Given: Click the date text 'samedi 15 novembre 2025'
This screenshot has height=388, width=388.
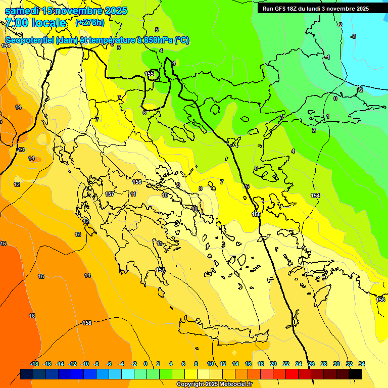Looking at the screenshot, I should (x=66, y=11).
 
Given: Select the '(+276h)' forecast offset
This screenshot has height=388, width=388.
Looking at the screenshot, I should (x=90, y=23).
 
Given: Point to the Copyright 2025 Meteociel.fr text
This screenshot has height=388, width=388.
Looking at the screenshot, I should (x=214, y=384).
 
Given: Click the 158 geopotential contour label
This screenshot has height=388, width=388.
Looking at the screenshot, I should (x=87, y=323).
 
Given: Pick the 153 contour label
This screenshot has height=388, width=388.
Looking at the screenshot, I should (x=380, y=300).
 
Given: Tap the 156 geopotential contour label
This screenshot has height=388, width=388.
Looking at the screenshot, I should (x=137, y=182).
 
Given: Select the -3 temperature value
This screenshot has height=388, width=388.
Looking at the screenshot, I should (x=353, y=36).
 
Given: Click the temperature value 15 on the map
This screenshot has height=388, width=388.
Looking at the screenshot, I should (x=41, y=276).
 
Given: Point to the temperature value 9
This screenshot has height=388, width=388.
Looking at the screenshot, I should (x=178, y=185).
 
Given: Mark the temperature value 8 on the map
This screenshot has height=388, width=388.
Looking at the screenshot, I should (x=201, y=188).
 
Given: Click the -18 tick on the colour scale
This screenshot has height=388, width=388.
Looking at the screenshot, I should (x=34, y=364).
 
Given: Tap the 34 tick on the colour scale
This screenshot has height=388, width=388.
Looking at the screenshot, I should (x=362, y=364).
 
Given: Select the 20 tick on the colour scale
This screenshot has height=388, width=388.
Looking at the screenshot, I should (x=273, y=364).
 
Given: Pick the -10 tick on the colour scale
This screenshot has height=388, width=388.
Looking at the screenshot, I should (x=85, y=364).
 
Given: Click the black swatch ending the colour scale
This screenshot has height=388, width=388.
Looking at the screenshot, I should (x=355, y=374).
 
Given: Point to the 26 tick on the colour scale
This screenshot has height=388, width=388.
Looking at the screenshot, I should (x=311, y=364).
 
